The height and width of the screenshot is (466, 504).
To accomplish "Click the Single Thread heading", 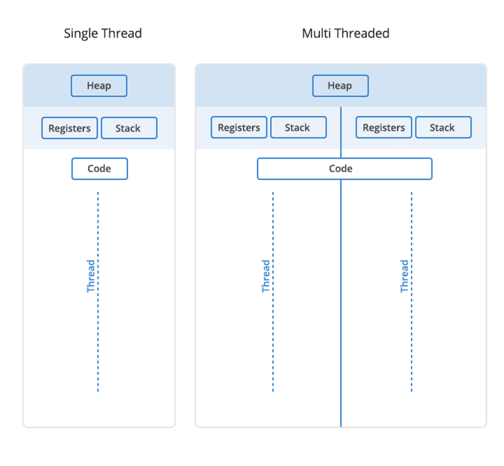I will [103, 33].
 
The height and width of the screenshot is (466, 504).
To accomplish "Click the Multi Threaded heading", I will [346, 33].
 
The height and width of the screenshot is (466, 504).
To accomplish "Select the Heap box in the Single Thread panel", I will [99, 86].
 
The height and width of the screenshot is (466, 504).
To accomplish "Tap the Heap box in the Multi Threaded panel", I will [340, 86].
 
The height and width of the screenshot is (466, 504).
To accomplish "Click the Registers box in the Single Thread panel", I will [69, 128].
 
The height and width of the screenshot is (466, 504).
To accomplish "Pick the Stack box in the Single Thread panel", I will [129, 128].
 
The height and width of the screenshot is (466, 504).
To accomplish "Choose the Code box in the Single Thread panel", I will [100, 169].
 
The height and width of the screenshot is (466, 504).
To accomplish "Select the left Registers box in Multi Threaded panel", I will [239, 128].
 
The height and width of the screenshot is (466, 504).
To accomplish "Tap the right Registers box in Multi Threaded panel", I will [384, 128].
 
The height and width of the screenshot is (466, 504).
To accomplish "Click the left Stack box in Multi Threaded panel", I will [298, 128].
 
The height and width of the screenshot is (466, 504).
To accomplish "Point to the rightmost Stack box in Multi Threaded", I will [443, 128].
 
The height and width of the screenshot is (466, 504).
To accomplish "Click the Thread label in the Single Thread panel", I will [91, 276].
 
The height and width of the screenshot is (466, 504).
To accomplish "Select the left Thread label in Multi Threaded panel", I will [266, 276].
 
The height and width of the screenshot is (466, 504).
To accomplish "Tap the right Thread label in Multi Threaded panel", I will [404, 276].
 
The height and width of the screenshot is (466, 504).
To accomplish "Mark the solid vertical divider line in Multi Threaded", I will [341, 324].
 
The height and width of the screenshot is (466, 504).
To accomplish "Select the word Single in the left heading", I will [80, 33].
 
